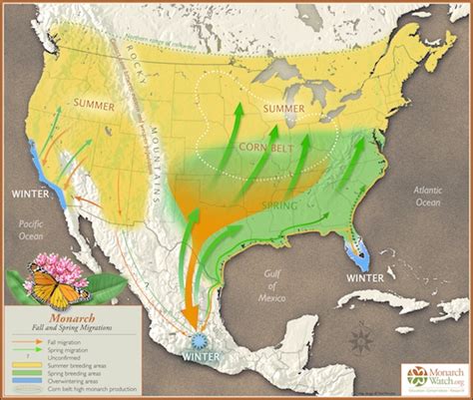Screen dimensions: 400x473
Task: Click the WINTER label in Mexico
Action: point(205,354)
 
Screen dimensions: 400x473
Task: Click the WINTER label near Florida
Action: point(362,279)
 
